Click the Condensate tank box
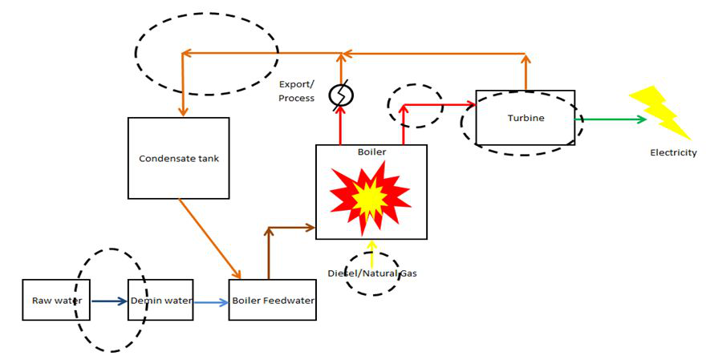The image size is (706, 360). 178,158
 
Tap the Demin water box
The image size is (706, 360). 160,301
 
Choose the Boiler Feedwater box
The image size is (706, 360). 272,301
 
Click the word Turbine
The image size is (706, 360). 525,118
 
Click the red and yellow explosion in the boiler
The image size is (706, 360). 370,195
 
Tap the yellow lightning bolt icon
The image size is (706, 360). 659,112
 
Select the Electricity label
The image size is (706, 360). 673,153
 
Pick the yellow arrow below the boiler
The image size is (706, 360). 371,252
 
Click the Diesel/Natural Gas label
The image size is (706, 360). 371,273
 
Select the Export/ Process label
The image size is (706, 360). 297,91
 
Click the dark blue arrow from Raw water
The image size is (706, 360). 110,301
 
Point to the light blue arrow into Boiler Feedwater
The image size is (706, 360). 211,302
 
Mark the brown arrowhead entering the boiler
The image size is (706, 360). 310,228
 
